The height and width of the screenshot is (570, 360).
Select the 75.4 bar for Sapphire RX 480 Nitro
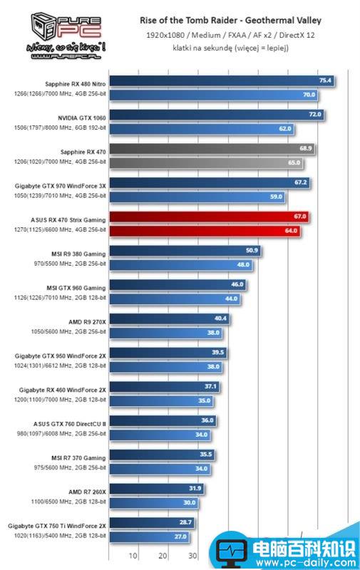[221, 81]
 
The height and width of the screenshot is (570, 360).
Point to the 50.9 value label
[251, 250]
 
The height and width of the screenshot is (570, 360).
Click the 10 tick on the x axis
[133, 556]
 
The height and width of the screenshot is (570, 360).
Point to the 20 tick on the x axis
[163, 556]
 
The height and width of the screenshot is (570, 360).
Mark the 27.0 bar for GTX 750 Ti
[149, 537]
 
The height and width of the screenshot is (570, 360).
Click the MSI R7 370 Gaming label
[78, 457]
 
